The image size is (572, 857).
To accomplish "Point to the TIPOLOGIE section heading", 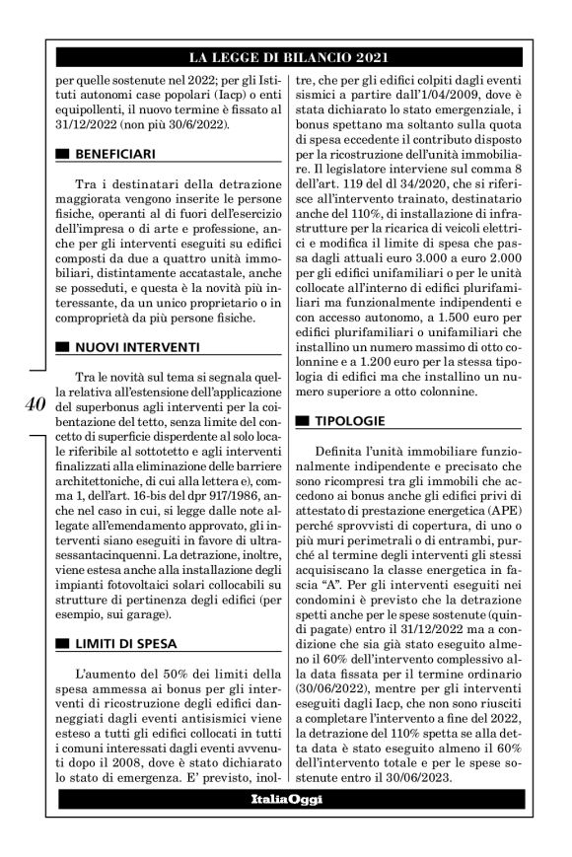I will point(352,421).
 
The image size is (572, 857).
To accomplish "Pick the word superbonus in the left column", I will point(108,405).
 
